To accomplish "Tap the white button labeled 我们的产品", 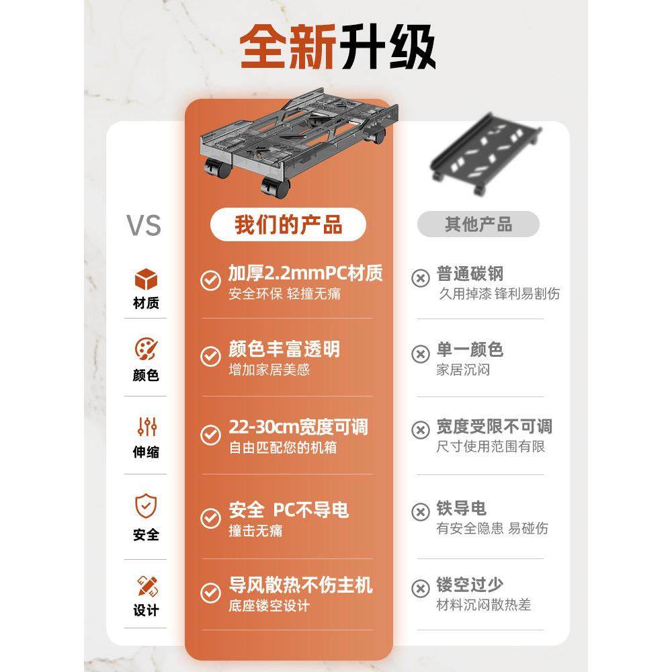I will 288,224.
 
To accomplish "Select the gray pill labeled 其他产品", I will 478,224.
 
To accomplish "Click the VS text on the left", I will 144,225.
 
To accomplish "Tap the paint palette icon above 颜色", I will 146,349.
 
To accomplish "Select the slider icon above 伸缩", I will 146,426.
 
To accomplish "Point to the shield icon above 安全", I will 146,505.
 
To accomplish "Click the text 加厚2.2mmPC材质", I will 305,274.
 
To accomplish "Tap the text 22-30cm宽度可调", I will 298,427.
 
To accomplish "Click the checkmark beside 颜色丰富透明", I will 211,356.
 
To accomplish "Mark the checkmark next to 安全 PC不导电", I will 211,518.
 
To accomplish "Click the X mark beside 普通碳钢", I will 421,278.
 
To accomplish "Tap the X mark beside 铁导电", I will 421,512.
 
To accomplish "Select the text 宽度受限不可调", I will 494,427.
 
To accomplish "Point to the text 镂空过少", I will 469,585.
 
